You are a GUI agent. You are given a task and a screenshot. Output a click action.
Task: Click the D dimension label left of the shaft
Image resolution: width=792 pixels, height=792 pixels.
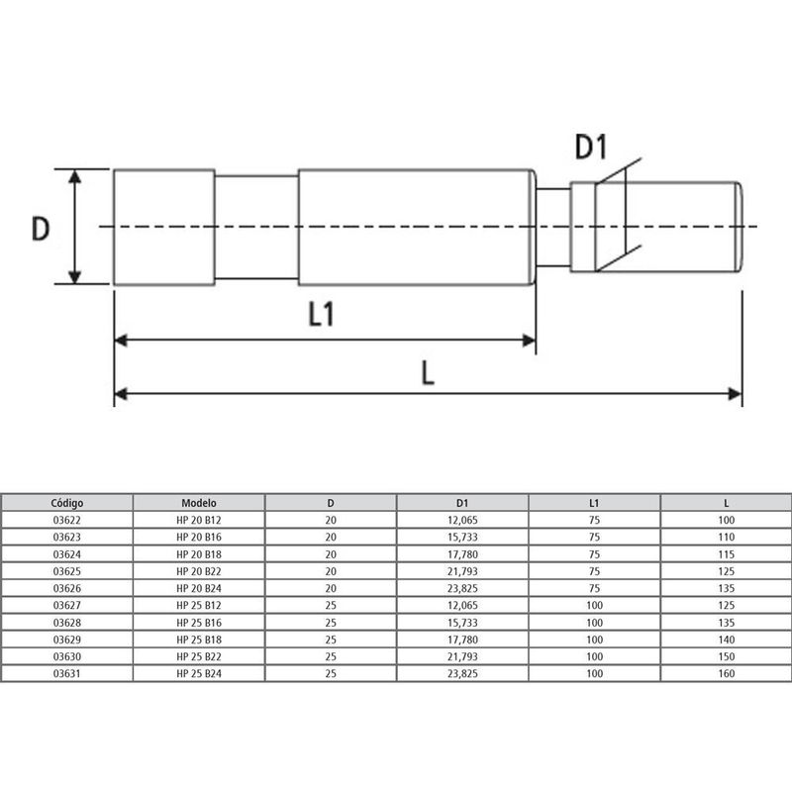point(40,229)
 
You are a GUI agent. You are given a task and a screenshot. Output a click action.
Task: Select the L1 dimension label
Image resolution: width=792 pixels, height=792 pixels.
point(321,315)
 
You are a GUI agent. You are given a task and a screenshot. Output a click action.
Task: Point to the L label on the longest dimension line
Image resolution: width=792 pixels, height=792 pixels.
point(426,372)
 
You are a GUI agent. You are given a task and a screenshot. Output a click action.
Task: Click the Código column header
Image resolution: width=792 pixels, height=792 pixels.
point(67,502)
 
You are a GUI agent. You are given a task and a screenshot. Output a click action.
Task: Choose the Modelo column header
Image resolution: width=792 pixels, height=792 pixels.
point(199,502)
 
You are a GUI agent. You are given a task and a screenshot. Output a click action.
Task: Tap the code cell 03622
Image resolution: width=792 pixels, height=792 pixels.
point(67,520)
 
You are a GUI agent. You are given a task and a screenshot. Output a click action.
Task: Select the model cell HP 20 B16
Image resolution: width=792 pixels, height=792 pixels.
point(199,537)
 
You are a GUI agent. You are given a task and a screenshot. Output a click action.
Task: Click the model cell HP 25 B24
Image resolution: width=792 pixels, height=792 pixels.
point(199,674)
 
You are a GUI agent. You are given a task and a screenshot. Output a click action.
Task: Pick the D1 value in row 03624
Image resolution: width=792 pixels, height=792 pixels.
point(462,553)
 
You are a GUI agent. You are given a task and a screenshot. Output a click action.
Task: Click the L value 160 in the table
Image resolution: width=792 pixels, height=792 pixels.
point(727,674)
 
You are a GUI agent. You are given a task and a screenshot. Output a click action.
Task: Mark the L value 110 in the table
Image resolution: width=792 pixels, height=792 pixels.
point(727,537)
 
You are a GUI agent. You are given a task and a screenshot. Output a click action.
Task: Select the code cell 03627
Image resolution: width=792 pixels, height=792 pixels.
point(67,605)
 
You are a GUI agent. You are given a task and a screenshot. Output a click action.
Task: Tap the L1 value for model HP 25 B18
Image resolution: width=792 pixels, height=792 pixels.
point(595,640)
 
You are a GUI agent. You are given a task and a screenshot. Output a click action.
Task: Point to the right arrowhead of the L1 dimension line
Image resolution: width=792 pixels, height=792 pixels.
point(529,342)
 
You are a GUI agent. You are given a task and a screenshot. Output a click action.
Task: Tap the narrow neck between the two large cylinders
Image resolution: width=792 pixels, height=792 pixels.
point(255,228)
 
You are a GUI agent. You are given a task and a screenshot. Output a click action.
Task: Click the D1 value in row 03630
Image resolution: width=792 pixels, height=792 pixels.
point(462,656)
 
